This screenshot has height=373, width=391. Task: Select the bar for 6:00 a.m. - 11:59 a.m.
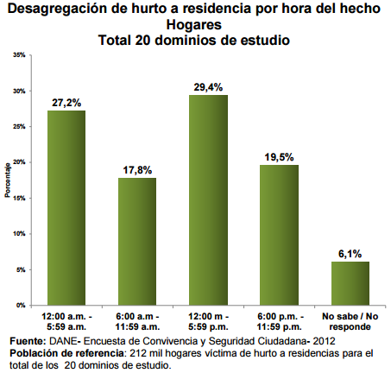pyautogui.click(x=136, y=242)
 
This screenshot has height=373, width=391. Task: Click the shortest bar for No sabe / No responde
pyautogui.click(x=350, y=283)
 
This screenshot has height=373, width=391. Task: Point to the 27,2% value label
pyautogui.click(x=66, y=102)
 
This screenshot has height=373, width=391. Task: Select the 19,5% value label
pyautogui.click(x=280, y=157)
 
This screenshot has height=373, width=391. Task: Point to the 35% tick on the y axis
pyautogui.click(x=19, y=54)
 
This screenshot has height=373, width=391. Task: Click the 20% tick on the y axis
pyautogui.click(x=19, y=162)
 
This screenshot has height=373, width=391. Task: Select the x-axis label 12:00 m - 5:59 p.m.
pyautogui.click(x=208, y=323)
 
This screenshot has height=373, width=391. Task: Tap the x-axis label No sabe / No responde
pyautogui.click(x=350, y=323)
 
